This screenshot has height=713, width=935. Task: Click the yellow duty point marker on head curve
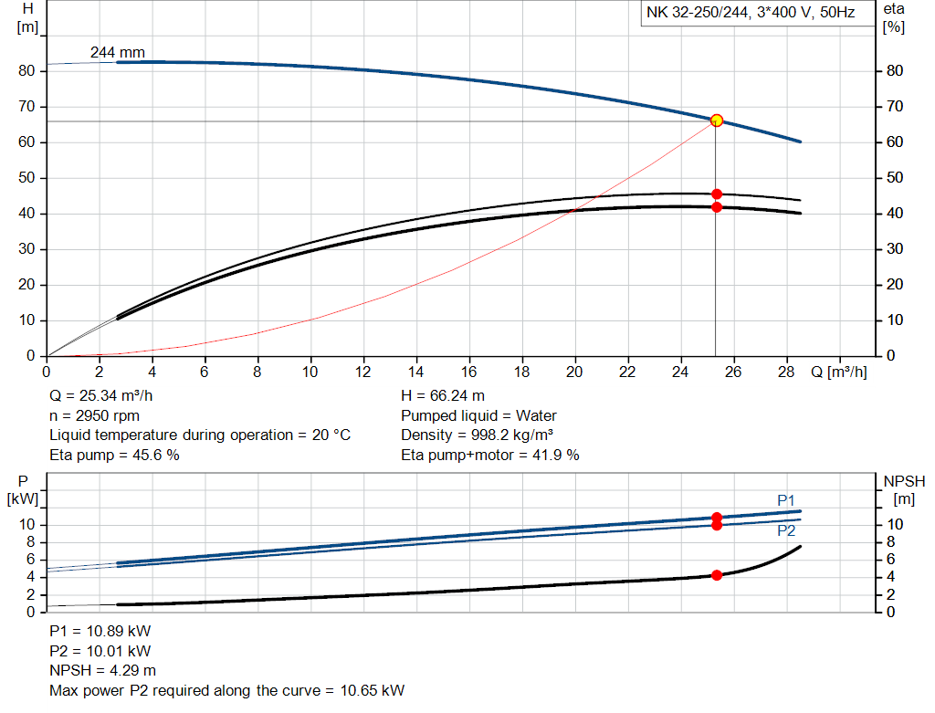point(717,121)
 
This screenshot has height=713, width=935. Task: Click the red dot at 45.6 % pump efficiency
point(717,194)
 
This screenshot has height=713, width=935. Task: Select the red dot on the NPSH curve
point(717,575)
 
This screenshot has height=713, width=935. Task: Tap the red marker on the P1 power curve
point(717,518)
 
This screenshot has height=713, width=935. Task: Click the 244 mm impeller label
point(117,53)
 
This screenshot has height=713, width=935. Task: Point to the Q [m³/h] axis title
point(837,372)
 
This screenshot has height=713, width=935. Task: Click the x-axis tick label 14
point(416,372)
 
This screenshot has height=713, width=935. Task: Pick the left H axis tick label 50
point(27,178)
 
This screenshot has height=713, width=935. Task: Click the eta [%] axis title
point(894,17)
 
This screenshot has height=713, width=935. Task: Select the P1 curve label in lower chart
point(786,499)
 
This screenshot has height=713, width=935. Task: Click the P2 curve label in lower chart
point(786,530)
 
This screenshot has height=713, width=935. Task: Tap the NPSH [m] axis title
point(904,489)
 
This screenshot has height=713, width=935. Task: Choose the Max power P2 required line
point(226,690)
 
